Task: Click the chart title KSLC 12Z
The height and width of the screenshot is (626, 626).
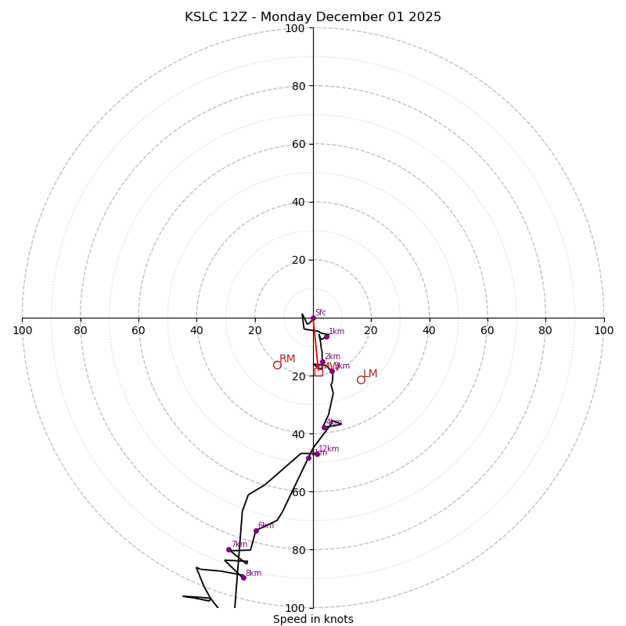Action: [313, 17]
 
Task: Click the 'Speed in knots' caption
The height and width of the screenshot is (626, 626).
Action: [313, 619]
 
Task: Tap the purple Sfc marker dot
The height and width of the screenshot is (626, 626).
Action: [313, 318]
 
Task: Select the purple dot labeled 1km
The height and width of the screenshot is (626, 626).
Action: [326, 336]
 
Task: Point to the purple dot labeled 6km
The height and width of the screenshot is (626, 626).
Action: [256, 531]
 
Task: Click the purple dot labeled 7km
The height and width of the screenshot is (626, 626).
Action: [229, 549]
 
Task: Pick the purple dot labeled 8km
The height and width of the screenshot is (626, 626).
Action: [243, 577]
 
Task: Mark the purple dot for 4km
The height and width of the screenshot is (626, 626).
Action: [325, 427]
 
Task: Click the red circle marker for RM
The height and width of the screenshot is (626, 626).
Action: [277, 365]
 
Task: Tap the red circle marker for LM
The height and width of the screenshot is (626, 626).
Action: [361, 380]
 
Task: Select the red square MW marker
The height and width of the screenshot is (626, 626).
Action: [318, 372]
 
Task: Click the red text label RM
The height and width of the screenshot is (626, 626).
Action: [287, 359]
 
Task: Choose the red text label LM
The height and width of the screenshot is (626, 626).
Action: [370, 374]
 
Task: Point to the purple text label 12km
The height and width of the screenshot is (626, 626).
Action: [329, 449]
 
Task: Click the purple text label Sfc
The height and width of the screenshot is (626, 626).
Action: [320, 313]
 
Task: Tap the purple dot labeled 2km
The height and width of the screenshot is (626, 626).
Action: [322, 362]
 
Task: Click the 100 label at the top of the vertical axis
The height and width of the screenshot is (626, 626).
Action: [295, 28]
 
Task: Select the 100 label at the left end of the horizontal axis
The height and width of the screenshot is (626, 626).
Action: [22, 330]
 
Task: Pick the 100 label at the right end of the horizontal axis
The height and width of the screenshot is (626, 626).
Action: [603, 330]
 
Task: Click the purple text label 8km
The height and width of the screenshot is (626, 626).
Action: [254, 574]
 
